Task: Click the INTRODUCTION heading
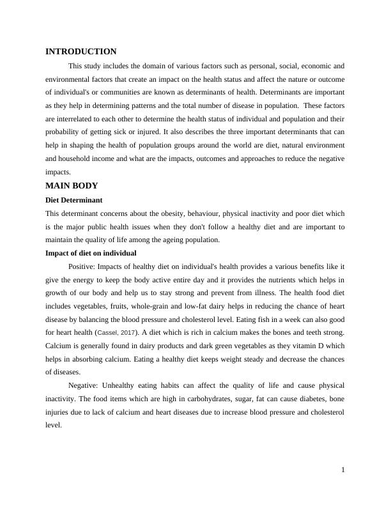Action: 81,52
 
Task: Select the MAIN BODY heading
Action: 72,186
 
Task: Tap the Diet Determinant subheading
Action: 75,200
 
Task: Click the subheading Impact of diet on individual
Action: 91,253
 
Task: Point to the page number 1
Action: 343,470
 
